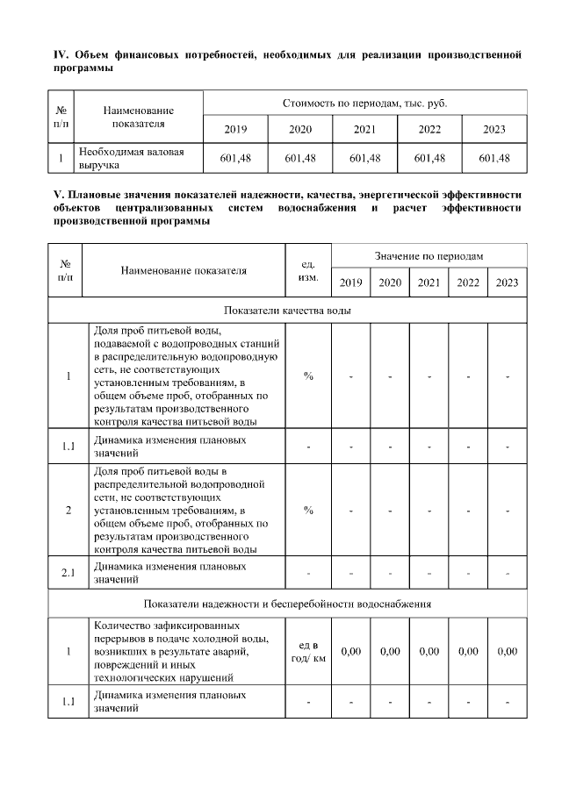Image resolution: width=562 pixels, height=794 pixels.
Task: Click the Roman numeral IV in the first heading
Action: [x=60, y=55]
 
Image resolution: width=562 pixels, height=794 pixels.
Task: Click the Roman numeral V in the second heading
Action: [x=57, y=194]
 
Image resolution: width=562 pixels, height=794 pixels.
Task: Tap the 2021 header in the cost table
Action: [x=364, y=129]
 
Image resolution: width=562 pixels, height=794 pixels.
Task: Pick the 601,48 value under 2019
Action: [x=235, y=158]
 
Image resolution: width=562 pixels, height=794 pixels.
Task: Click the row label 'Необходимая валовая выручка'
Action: [x=132, y=158]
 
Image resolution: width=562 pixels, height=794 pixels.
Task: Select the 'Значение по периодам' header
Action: [x=429, y=254]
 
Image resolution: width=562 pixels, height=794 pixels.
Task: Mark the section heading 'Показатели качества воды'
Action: [x=288, y=311]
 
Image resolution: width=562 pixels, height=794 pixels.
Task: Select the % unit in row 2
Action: [x=308, y=511]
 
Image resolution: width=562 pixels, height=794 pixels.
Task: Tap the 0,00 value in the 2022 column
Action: [x=468, y=652]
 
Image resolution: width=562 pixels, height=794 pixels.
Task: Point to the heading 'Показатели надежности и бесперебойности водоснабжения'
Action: [x=288, y=604]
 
